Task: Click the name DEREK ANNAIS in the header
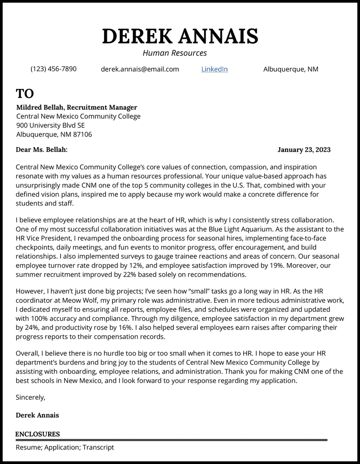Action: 180,36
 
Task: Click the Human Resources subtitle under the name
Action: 175,53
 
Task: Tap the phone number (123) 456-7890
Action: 53,69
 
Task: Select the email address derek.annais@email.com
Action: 140,69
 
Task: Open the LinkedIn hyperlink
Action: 215,69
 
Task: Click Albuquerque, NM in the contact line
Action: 290,69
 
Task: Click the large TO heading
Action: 25,94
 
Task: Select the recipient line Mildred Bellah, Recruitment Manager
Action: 77,107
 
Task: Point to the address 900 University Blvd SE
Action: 50,125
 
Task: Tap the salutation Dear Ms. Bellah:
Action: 42,150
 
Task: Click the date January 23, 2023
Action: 304,150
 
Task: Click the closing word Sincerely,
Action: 30,397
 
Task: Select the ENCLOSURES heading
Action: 37,434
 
